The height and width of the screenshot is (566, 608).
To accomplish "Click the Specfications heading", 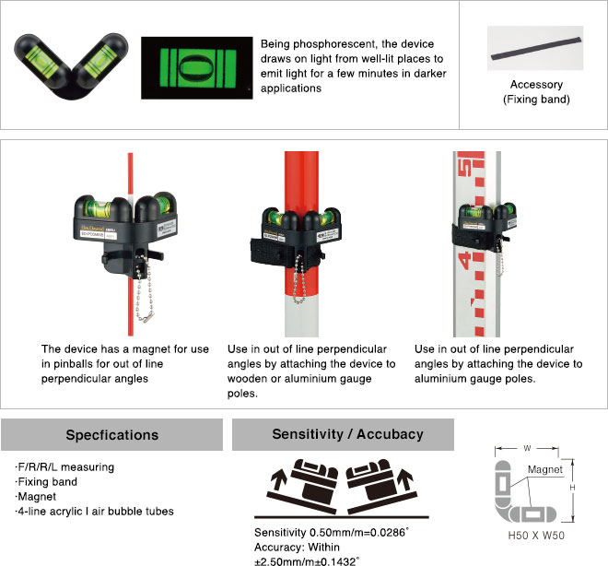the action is [112, 435].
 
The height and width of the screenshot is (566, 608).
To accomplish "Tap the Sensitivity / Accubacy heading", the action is [347, 434].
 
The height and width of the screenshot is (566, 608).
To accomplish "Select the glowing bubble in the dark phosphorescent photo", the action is [197, 67].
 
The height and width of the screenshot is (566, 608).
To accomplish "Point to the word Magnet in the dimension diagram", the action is [544, 470].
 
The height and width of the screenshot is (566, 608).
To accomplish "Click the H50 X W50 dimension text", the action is [536, 536].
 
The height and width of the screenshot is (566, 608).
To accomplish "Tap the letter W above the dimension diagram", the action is [527, 448].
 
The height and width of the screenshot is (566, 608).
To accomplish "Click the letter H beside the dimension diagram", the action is [572, 488].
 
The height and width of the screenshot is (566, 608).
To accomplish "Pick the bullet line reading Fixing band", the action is [46, 482].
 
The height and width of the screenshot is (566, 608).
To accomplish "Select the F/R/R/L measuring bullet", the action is [64, 467].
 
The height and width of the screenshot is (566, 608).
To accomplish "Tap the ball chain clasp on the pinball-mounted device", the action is [145, 318].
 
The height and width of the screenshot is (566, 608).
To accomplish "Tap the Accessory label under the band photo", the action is [536, 84].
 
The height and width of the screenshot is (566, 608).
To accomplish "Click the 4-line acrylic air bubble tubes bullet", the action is [94, 512].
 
